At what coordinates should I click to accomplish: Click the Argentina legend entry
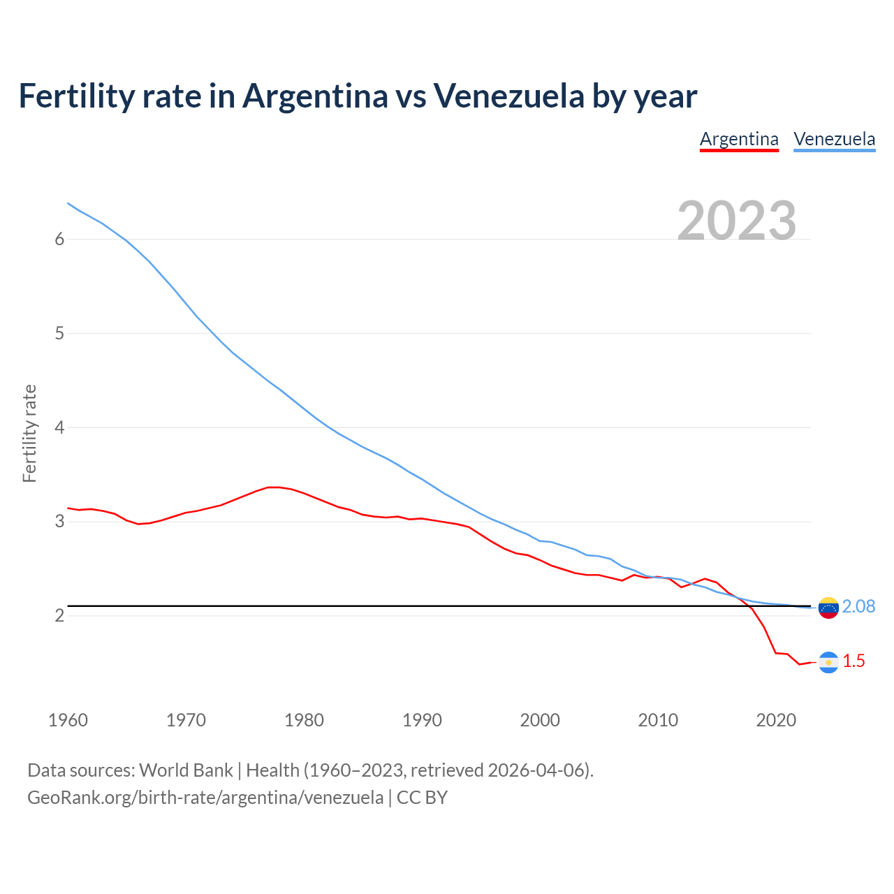(739, 139)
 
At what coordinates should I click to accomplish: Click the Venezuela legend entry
(834, 139)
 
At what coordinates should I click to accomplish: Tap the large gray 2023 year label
(737, 221)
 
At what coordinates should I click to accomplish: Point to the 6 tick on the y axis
(59, 240)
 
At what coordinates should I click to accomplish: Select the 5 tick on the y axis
(59, 333)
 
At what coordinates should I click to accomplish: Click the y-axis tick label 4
(59, 427)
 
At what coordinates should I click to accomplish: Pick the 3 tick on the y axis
(59, 522)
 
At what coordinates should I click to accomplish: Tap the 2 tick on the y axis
(59, 615)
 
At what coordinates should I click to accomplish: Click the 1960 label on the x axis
(68, 720)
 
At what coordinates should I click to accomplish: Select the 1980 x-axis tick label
(304, 720)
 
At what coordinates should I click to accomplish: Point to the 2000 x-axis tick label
(540, 720)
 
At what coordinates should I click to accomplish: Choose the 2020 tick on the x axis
(776, 720)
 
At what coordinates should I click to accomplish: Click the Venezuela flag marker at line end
(828, 608)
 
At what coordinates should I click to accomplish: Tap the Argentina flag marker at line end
(828, 662)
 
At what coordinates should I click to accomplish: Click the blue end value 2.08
(858, 606)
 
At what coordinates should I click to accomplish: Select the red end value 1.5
(853, 661)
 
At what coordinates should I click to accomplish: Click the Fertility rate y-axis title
(29, 433)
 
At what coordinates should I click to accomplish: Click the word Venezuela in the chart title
(508, 96)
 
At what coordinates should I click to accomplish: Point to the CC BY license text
(422, 798)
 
